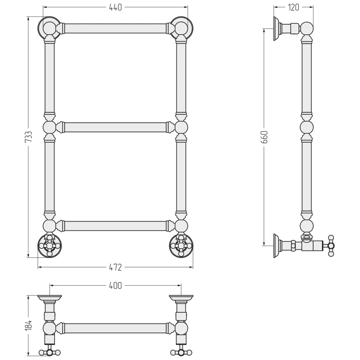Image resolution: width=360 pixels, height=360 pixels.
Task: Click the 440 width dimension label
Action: coord(115,7)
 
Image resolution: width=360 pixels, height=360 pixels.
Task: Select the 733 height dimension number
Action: coord(28,137)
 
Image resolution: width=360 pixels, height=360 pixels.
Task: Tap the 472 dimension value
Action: coord(115,267)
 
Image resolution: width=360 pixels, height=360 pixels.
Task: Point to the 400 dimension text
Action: coord(115,286)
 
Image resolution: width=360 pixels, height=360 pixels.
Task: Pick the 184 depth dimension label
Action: coord(28,325)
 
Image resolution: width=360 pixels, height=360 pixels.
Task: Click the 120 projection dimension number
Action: coord(293,7)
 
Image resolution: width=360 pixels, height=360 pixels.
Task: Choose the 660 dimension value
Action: coord(265,137)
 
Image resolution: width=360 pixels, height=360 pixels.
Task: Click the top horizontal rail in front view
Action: coord(115,28)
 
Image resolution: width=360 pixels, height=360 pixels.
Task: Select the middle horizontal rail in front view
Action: coord(115,127)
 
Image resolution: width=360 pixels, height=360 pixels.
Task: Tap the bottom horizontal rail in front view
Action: coord(115,226)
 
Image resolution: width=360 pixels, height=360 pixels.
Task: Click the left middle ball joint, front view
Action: coord(49,127)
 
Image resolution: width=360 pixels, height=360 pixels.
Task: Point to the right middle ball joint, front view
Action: coord(181,127)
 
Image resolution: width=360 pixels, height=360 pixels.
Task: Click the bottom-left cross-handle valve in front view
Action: coord(49,246)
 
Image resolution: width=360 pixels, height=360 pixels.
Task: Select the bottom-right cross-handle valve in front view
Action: coord(181,246)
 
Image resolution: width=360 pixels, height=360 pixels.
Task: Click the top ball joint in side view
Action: coord(307,28)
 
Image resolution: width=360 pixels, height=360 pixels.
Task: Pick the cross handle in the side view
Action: coord(331,246)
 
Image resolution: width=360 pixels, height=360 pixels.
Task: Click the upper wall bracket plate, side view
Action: coord(276,29)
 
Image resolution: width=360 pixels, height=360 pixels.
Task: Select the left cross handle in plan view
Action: coord(49,352)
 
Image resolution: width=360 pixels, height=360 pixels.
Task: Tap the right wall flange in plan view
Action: coord(181,298)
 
